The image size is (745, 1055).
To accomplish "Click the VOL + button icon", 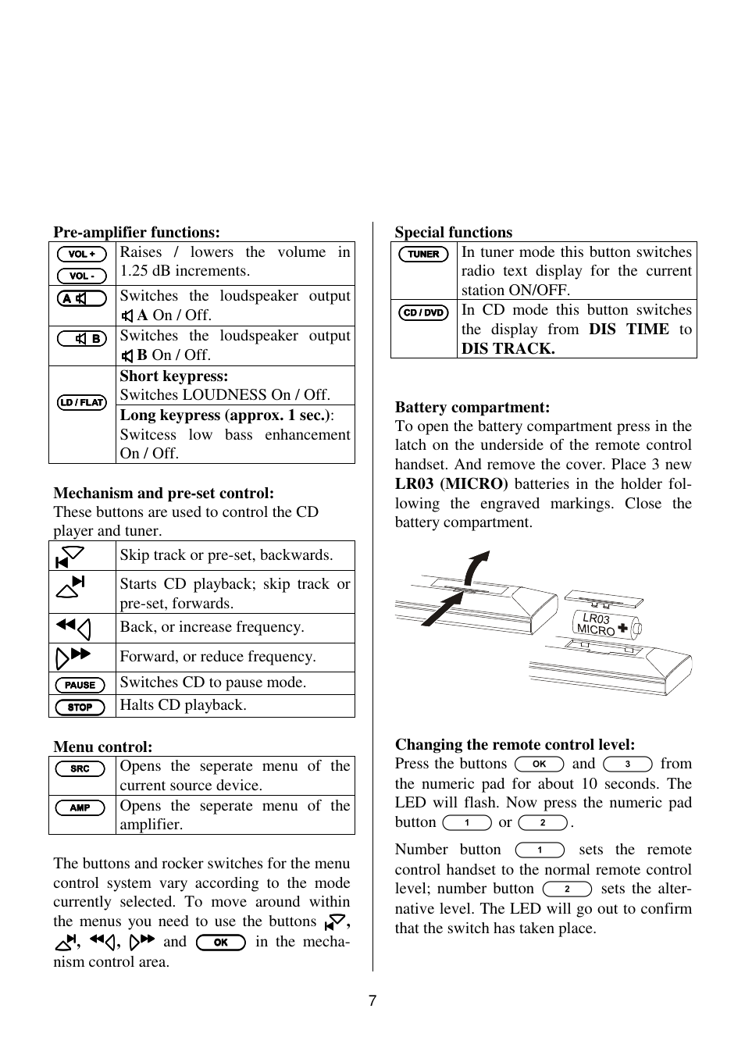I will point(82,254).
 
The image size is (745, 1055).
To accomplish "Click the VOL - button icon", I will point(82,276).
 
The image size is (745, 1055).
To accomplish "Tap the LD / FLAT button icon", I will point(82,402).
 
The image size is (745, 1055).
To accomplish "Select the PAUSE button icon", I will point(80,685).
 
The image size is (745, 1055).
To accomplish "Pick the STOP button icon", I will point(80,707).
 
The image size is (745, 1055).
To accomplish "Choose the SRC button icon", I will point(80,768).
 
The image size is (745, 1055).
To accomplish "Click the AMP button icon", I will point(80,807).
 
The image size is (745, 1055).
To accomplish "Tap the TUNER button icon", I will point(423,254).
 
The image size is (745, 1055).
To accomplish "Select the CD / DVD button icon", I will point(423,312).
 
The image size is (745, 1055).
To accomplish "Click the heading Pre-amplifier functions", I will point(137,232).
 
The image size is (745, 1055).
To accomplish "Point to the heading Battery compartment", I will point(472,407).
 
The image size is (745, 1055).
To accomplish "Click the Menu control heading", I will point(103,747).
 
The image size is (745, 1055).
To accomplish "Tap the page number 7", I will point(372,1001).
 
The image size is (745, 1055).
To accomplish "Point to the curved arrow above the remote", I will point(475,566).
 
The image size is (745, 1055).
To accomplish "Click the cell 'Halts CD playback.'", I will point(183,705).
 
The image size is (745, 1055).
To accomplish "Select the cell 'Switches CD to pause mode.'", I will point(212,682).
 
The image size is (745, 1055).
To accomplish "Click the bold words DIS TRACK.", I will point(508,348).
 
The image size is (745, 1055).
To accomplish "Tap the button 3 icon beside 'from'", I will point(628,764).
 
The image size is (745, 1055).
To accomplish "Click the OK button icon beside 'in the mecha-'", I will point(221,942).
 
